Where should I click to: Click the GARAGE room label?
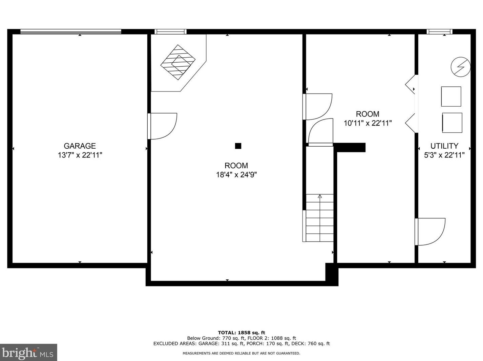pos(80,146)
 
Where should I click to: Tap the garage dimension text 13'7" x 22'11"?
pos(80,155)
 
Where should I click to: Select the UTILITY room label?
pos(444,146)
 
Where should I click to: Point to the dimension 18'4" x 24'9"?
pos(236,175)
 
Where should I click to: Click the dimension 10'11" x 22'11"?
pos(368,123)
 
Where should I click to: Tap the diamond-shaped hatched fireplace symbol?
pos(178,62)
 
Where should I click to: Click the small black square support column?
pos(238,146)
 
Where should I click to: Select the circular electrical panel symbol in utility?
pos(461,67)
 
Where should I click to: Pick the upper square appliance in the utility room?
pos(451,97)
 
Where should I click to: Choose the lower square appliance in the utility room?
pos(452,123)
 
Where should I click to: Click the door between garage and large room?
pos(162,126)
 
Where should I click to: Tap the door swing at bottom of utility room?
pos(430,232)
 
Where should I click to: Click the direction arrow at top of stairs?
pos(320,196)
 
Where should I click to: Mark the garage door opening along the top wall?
pos(71,32)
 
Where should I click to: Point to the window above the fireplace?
pos(170,32)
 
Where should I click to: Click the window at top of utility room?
pos(439,32)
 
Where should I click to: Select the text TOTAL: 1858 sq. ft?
pos(241,333)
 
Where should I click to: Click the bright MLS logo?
pos(28,352)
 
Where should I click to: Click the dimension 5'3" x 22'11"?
pos(444,155)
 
